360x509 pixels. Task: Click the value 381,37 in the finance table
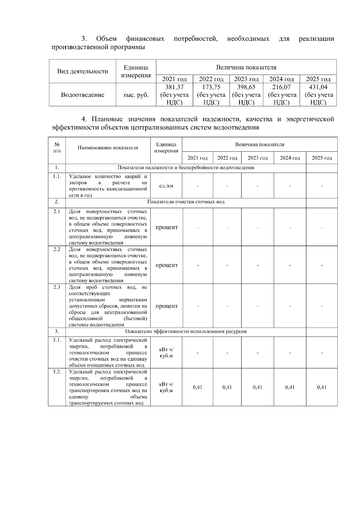(x=174, y=87)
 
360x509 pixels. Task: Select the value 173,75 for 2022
(x=211, y=87)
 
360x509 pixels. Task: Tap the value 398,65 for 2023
(x=246, y=87)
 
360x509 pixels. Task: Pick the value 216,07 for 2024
(x=281, y=87)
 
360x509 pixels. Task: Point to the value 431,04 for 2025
(x=318, y=87)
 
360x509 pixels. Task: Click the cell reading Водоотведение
(x=82, y=95)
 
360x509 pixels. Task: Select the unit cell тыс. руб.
(x=136, y=95)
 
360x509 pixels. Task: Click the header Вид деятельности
(x=82, y=71)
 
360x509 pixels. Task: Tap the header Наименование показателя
(x=108, y=147)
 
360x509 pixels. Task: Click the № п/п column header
(x=57, y=147)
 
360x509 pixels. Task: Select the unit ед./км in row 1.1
(x=166, y=186)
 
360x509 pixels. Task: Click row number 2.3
(x=57, y=287)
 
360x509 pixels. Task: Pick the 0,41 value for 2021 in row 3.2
(x=197, y=387)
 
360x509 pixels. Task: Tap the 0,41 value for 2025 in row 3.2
(x=322, y=387)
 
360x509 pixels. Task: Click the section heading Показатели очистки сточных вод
(x=186, y=202)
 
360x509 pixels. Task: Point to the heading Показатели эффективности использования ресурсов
(x=186, y=332)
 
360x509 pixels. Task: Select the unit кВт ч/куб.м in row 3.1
(x=166, y=353)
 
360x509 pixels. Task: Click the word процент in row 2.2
(x=166, y=265)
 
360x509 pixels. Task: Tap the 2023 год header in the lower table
(x=257, y=158)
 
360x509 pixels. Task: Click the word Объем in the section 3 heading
(x=106, y=39)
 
